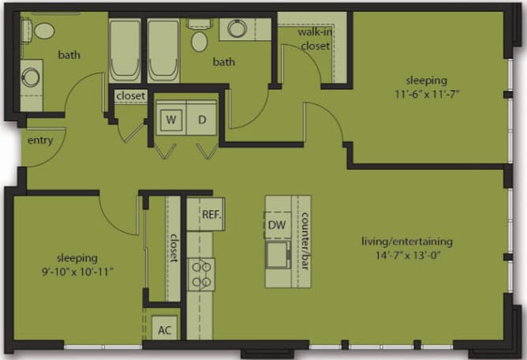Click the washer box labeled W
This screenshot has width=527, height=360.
click(171, 121)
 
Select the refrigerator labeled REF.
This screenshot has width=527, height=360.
click(210, 214)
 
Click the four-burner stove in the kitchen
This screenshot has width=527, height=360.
click(201, 274)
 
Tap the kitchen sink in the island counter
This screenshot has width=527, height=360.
click(278, 254)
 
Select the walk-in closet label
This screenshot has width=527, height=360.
click(314, 39)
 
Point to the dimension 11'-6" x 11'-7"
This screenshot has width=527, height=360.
click(427, 94)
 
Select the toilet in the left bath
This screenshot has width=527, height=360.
click(43, 31)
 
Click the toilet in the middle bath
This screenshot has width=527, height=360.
click(200, 39)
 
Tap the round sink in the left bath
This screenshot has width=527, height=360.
click(30, 77)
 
